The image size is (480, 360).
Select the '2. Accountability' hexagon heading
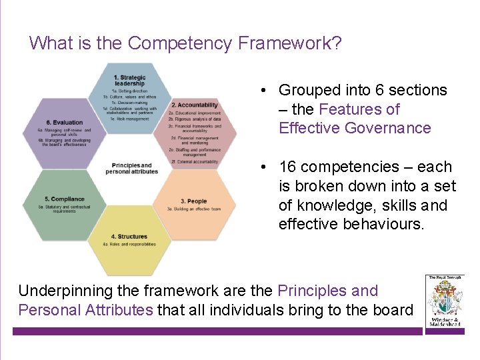point(194,105)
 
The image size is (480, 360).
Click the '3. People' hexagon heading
point(193,201)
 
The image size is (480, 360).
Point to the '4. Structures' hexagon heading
point(129,237)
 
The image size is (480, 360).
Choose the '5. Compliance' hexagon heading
point(65,199)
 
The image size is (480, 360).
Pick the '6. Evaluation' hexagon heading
point(65,123)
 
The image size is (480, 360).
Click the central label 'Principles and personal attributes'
point(131,169)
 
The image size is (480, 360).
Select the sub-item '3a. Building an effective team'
point(193,209)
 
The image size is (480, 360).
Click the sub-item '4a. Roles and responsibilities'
point(129,244)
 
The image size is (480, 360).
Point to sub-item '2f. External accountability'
point(193,161)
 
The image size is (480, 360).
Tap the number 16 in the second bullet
point(288,167)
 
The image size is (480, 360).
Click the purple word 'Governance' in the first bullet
point(389,128)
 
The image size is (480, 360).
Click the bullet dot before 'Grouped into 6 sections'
point(265,90)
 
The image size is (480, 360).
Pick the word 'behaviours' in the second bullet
point(383,224)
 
